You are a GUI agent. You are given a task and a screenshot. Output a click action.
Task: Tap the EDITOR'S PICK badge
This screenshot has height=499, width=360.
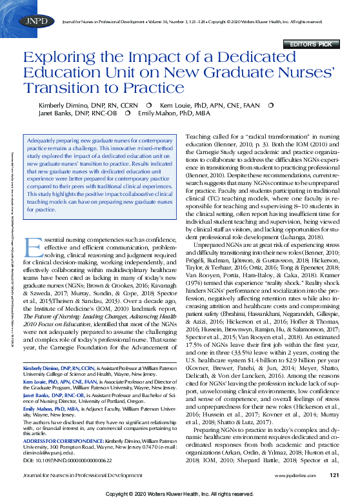[315, 44]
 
